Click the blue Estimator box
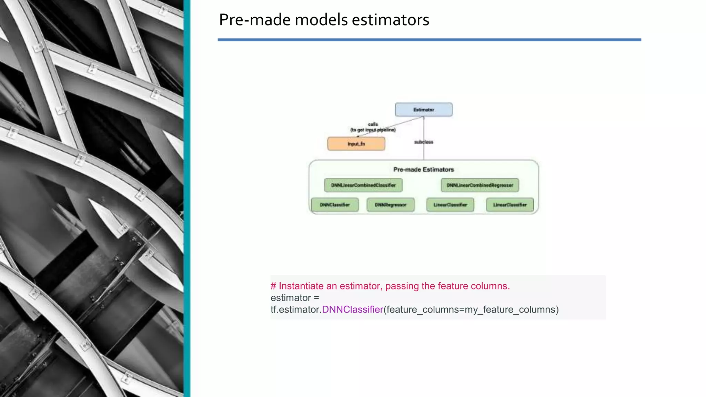(424, 110)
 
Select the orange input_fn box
(356, 144)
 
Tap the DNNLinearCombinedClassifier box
(363, 185)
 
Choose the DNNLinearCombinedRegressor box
(480, 185)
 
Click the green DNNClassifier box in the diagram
(335, 205)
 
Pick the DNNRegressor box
(391, 205)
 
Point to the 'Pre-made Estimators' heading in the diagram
(423, 170)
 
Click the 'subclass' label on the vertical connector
(424, 142)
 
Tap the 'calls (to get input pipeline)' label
(373, 127)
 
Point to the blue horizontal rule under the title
(429, 40)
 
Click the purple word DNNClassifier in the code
(352, 309)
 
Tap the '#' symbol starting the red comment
(273, 286)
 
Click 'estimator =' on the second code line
(295, 298)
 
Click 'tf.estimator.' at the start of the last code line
(296, 309)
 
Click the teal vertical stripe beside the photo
(187, 198)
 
